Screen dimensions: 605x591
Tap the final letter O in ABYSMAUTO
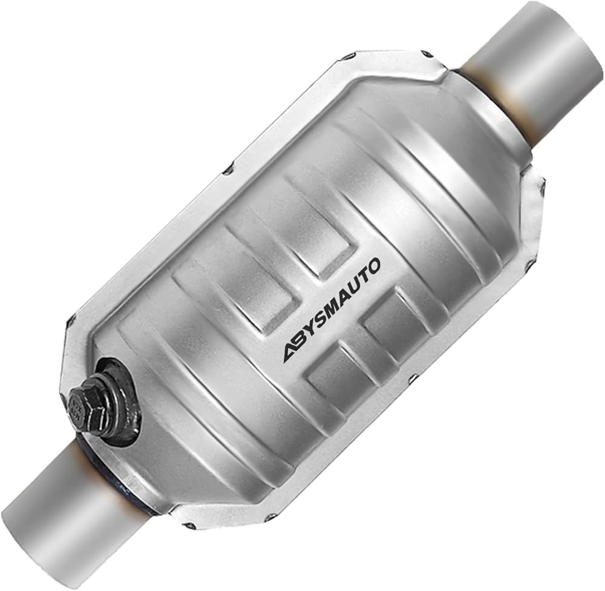pyautogui.click(x=374, y=266)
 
